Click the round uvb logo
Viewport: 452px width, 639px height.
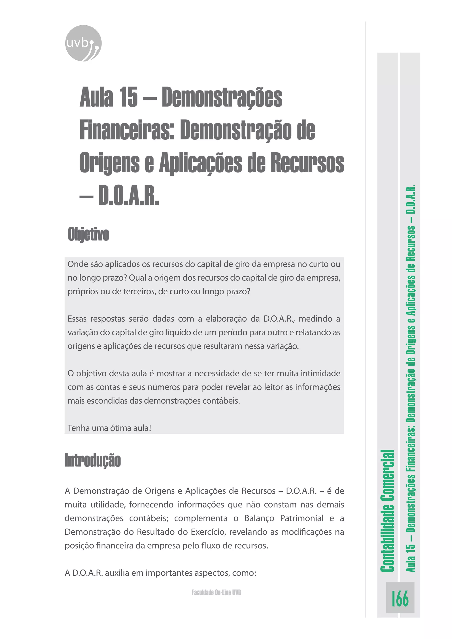83,43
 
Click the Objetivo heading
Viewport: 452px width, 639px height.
89,234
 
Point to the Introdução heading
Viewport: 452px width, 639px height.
93,460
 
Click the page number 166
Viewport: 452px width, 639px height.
400,599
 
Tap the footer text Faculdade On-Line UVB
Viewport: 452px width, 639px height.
216,592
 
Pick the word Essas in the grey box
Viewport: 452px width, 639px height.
77,319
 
